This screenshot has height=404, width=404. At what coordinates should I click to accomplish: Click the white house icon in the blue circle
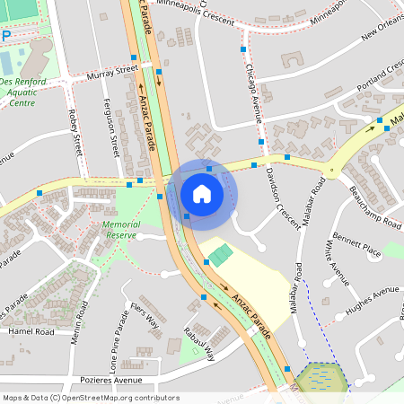tap(202, 193)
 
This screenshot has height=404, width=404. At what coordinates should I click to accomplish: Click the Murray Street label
tap(113, 71)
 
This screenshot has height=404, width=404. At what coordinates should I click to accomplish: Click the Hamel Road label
tap(31, 331)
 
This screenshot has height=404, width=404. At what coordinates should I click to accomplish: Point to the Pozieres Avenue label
tap(86, 381)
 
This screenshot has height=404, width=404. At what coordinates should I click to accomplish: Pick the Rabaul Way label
tap(200, 342)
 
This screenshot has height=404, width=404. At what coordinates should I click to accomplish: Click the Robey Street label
tap(75, 132)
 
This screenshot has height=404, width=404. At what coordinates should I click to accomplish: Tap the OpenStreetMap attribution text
tap(91, 397)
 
